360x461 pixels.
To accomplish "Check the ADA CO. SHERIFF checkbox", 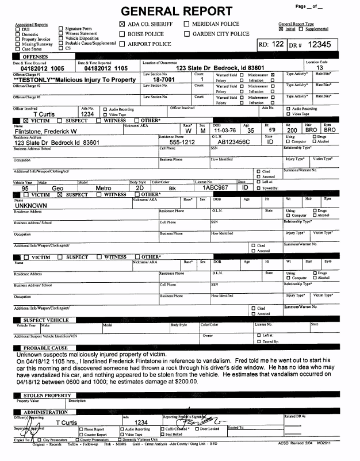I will coord(121,24).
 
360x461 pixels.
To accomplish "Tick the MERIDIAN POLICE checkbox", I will coord(187,24).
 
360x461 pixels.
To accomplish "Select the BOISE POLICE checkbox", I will coord(121,34).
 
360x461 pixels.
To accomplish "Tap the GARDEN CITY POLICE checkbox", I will coord(187,34).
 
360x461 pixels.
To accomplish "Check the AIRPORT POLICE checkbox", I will coord(121,44).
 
